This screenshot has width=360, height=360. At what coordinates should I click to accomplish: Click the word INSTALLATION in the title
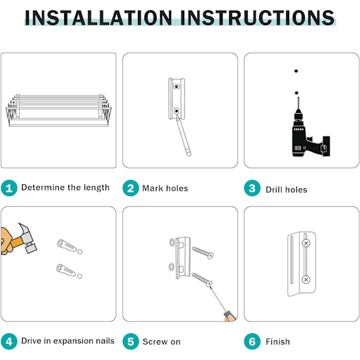click(98, 17)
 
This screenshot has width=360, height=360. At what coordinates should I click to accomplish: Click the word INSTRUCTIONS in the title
click(257, 17)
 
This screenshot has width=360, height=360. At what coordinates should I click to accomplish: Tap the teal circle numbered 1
click(9, 188)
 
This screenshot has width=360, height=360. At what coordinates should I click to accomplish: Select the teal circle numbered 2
click(131, 188)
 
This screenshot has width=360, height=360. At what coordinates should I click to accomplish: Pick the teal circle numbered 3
click(252, 188)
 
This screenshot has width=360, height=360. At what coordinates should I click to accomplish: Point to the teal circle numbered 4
click(9, 341)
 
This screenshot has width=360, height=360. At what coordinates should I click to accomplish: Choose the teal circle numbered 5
click(131, 341)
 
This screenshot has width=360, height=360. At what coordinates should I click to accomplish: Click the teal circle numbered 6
click(252, 341)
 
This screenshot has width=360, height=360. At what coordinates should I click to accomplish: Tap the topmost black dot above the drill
click(296, 71)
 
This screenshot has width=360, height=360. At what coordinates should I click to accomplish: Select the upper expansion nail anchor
click(67, 245)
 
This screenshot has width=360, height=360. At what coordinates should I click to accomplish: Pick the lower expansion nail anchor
click(66, 270)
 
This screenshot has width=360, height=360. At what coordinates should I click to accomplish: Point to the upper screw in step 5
click(203, 253)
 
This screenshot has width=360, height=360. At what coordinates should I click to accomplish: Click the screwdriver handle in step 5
click(230, 316)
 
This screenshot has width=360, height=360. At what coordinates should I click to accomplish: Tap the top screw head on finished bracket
click(306, 243)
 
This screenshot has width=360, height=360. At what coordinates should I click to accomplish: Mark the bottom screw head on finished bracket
click(306, 280)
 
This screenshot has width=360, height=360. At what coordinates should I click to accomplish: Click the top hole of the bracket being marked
click(176, 86)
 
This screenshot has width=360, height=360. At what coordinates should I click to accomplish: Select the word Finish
click(278, 341)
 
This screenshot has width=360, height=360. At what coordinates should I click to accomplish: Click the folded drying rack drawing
click(59, 110)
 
